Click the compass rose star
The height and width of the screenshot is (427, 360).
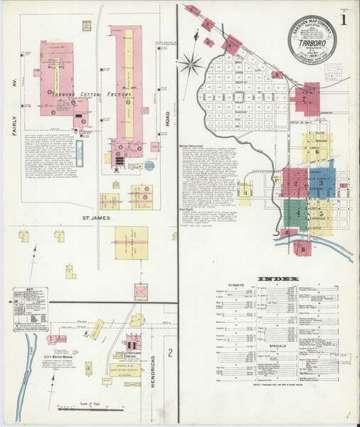pos(191,66)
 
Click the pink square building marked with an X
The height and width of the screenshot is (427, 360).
pos(142,291)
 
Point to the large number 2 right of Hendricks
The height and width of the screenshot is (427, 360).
pos(169,352)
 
